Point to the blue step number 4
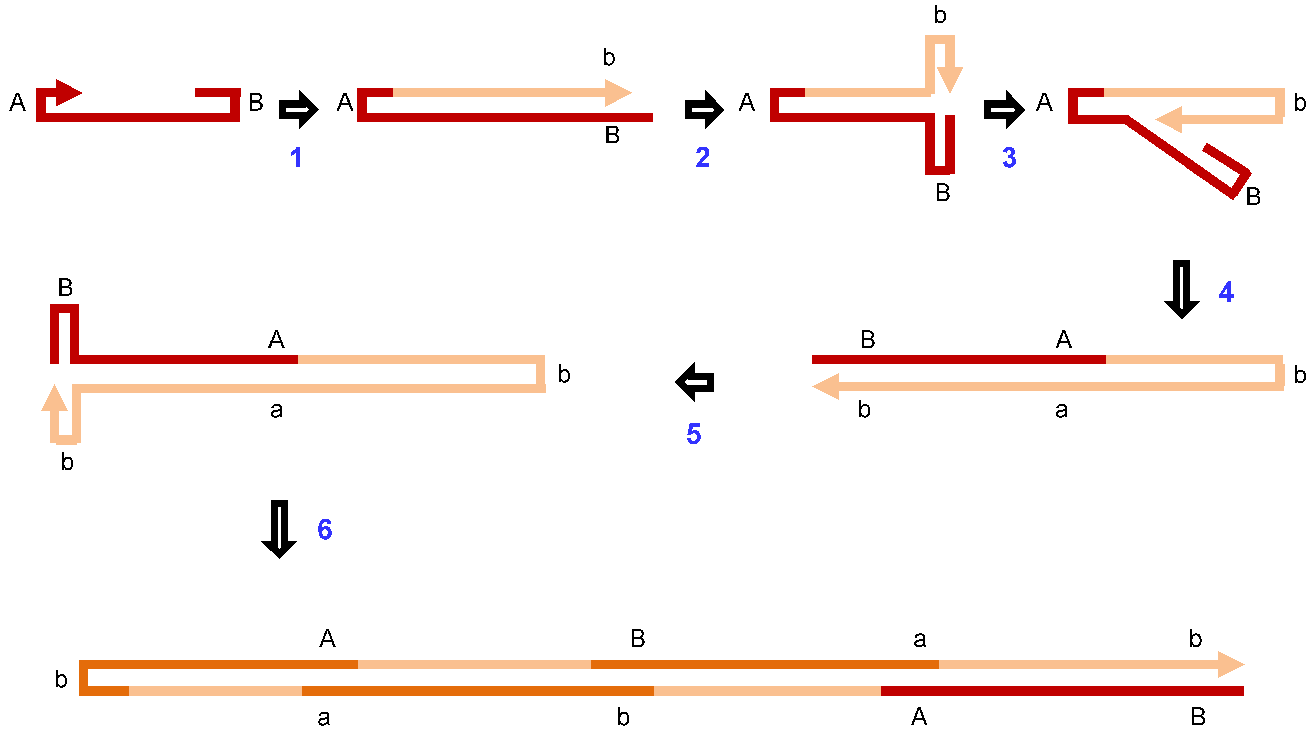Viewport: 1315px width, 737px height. [x=1226, y=292]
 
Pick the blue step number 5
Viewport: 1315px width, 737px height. [x=694, y=434]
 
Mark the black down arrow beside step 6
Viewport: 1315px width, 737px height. [x=279, y=529]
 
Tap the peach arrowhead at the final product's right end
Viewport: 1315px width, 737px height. [x=1231, y=664]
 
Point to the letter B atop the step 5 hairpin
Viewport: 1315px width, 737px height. [x=65, y=287]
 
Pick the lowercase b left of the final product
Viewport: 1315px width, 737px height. [x=61, y=679]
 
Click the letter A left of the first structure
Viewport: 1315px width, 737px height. [x=18, y=102]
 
